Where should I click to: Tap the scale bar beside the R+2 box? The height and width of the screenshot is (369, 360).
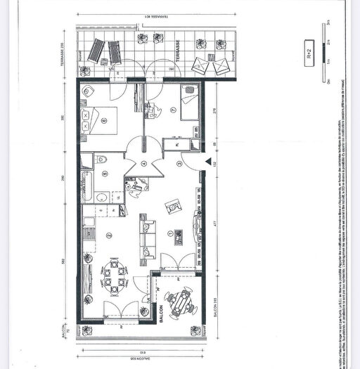328,53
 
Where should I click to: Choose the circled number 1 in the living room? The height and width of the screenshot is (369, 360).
169,233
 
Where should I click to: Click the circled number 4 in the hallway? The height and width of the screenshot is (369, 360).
143,164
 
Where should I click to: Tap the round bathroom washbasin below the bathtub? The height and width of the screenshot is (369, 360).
100,196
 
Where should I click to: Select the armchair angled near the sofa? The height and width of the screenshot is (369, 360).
172,205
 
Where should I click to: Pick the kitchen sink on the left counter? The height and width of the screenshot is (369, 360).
89,226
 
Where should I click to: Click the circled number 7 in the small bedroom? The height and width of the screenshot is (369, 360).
172,110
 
